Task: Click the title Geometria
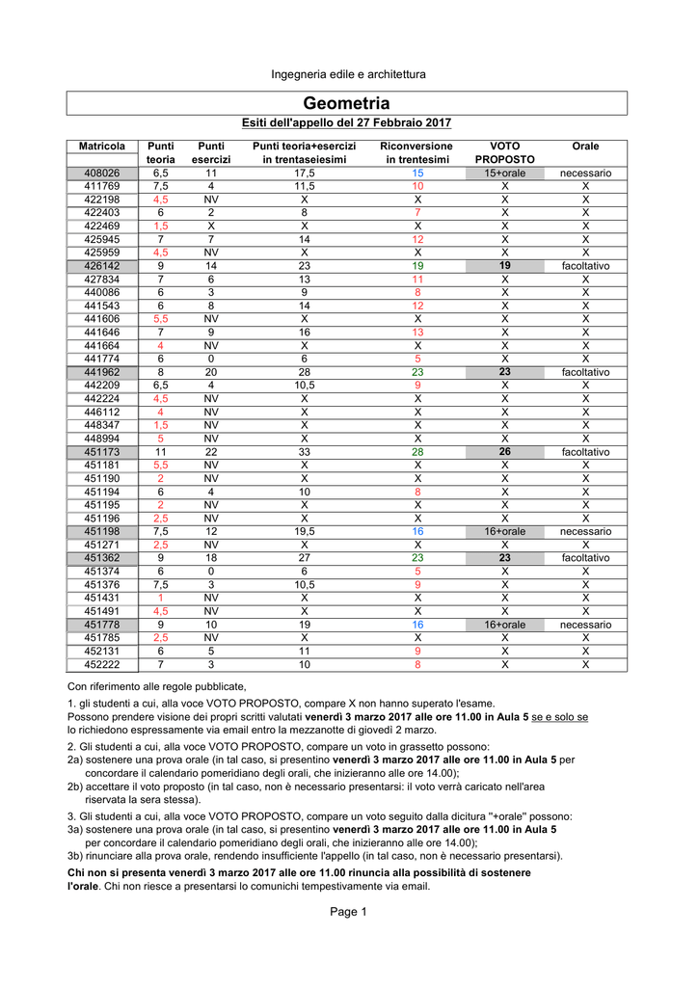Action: pyautogui.click(x=347, y=103)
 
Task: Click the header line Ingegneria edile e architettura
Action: pyautogui.click(x=347, y=74)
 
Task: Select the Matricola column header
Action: pyautogui.click(x=102, y=146)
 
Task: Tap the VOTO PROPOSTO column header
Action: pyautogui.click(x=504, y=152)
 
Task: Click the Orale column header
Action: pyautogui.click(x=585, y=146)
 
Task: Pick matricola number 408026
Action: pyautogui.click(x=102, y=173)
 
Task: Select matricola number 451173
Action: pyautogui.click(x=102, y=451)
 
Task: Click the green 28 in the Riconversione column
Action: pyautogui.click(x=417, y=451)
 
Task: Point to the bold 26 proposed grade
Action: pyautogui.click(x=504, y=451)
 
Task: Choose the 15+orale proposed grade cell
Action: pyautogui.click(x=504, y=173)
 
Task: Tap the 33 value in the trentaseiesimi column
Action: pyautogui.click(x=304, y=451)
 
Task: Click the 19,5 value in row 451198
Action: pyautogui.click(x=304, y=531)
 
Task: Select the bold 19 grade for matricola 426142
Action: pyautogui.click(x=504, y=265)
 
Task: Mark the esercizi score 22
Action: pyautogui.click(x=210, y=451)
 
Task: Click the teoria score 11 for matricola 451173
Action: pyautogui.click(x=161, y=451)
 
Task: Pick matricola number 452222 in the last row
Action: pyautogui.click(x=102, y=664)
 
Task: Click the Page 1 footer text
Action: pyautogui.click(x=348, y=913)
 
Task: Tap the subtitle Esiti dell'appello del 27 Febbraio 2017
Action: pyautogui.click(x=346, y=123)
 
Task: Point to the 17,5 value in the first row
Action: pyautogui.click(x=304, y=173)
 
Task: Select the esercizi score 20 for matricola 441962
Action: pyautogui.click(x=210, y=372)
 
